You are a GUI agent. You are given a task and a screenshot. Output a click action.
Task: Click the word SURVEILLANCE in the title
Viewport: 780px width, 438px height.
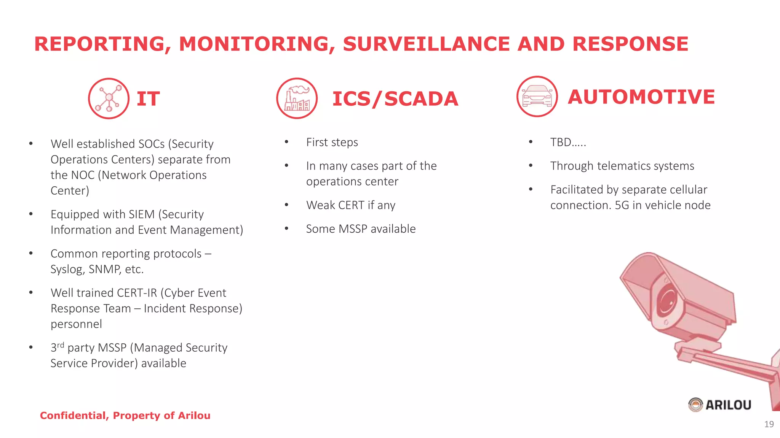pyautogui.click(x=427, y=44)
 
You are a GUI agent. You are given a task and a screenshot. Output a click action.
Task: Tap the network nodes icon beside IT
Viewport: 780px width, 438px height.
pyautogui.click(x=109, y=98)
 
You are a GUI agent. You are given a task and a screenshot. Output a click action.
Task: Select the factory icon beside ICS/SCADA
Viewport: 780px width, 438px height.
pyautogui.click(x=297, y=98)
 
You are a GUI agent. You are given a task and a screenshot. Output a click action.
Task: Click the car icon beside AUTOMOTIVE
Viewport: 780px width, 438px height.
pyautogui.click(x=537, y=97)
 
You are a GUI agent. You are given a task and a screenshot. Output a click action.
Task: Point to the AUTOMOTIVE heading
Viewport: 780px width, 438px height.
pyautogui.click(x=641, y=97)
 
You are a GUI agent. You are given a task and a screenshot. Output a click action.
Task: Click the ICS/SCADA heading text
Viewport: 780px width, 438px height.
pyautogui.click(x=395, y=99)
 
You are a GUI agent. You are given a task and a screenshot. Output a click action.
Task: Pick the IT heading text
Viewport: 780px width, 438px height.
pyautogui.click(x=148, y=99)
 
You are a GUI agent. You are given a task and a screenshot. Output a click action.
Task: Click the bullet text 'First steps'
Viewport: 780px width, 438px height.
pyautogui.click(x=332, y=142)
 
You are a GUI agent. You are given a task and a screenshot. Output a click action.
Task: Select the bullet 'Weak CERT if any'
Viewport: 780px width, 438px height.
pyautogui.click(x=350, y=205)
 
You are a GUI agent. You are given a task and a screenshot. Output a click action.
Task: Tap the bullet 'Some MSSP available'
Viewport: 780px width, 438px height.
pyautogui.click(x=361, y=229)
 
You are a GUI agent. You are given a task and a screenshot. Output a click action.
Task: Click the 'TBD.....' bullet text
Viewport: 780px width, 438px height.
pyautogui.click(x=568, y=142)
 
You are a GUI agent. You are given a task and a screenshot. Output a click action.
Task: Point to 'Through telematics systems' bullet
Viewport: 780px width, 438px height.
pyautogui.click(x=622, y=166)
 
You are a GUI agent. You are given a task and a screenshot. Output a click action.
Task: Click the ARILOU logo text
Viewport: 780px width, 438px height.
pyautogui.click(x=728, y=405)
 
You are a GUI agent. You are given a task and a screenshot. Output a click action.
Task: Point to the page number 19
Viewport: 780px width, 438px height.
pyautogui.click(x=769, y=424)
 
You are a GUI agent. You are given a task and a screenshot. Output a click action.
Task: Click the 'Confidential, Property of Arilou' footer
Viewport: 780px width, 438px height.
pyautogui.click(x=125, y=416)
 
